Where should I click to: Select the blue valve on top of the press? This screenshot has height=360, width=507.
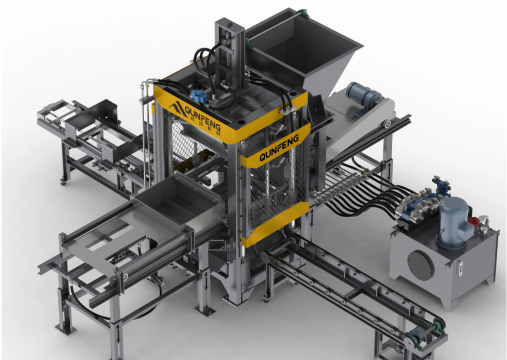(198, 96)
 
